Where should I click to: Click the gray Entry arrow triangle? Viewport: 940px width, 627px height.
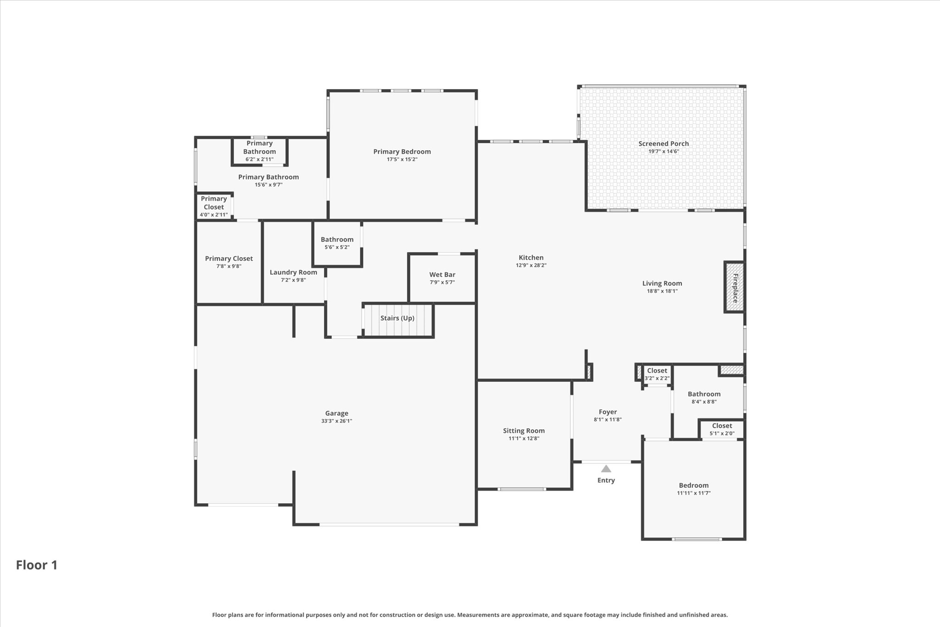tap(606, 469)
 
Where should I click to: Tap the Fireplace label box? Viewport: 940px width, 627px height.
tap(734, 288)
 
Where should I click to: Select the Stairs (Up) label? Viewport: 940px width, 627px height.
tap(397, 318)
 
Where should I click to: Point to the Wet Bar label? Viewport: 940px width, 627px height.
tap(442, 275)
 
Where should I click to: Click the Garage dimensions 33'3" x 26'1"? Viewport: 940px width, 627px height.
tap(337, 421)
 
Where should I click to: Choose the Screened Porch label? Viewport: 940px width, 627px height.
tap(664, 144)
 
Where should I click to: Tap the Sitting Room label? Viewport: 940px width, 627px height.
tap(524, 431)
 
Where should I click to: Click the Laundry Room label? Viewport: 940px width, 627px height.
tap(293, 272)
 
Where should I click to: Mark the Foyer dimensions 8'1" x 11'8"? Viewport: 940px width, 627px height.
tap(608, 419)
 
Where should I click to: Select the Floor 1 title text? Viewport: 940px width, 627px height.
tap(37, 565)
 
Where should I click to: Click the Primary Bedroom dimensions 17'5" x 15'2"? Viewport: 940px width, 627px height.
tap(402, 159)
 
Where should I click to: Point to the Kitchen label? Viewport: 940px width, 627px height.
tap(531, 258)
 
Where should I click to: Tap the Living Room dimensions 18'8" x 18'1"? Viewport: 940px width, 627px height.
tap(662, 291)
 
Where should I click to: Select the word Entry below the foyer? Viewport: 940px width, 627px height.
tap(606, 480)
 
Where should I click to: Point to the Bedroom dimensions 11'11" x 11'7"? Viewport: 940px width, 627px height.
tap(694, 493)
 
